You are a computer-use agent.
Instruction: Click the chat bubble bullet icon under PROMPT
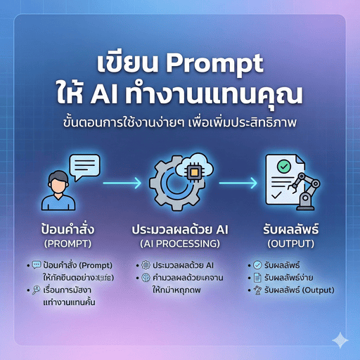(x=37, y=265)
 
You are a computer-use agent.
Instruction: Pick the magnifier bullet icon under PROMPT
(x=37, y=289)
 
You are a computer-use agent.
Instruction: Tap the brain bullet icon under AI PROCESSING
(x=145, y=278)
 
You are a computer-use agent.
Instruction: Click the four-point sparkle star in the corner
(x=340, y=340)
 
